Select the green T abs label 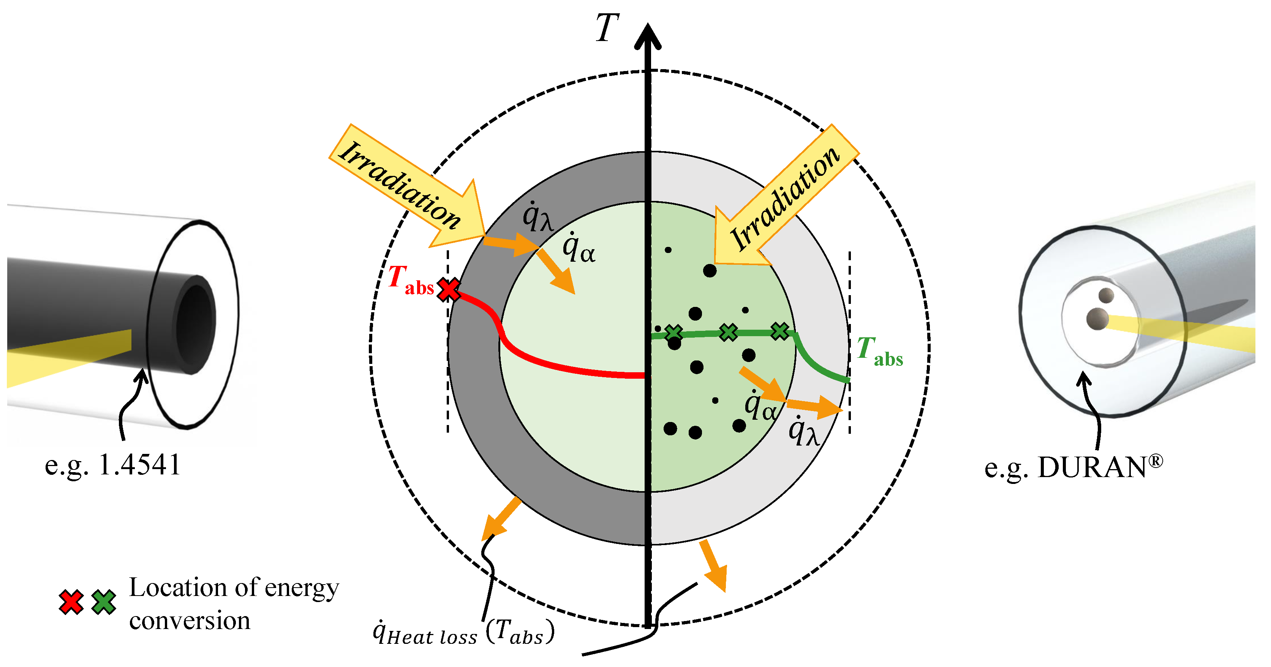click(x=880, y=351)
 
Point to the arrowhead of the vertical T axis click(x=647, y=37)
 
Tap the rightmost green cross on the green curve click(x=779, y=331)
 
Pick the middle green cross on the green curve click(x=728, y=332)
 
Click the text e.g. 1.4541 click(x=112, y=465)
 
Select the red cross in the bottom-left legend click(x=71, y=602)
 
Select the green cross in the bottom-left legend click(x=104, y=602)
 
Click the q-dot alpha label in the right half click(x=760, y=406)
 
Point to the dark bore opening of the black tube click(x=196, y=323)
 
